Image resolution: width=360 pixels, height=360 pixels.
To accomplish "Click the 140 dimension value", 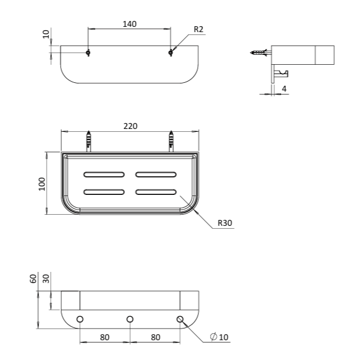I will point(130,24).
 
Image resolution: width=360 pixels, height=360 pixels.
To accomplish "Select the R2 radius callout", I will point(198,29).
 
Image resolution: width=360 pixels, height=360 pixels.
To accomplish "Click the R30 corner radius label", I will point(225,223).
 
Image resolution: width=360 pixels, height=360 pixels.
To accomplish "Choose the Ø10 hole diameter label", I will point(220,337).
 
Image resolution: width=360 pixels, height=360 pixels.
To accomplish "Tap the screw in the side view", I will point(260,53).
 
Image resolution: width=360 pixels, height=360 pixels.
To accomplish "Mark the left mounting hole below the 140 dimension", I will point(88,53).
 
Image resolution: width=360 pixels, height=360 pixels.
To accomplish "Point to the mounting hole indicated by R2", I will point(171,53).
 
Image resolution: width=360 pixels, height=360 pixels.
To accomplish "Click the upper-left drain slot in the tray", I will point(104,174).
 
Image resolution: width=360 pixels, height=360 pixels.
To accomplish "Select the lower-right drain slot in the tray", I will point(156,192).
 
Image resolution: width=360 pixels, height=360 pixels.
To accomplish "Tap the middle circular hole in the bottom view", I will point(130,319).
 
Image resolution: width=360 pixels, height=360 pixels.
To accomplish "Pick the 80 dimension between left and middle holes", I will point(105,337).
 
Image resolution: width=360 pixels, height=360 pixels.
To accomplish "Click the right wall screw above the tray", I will point(172,141).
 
